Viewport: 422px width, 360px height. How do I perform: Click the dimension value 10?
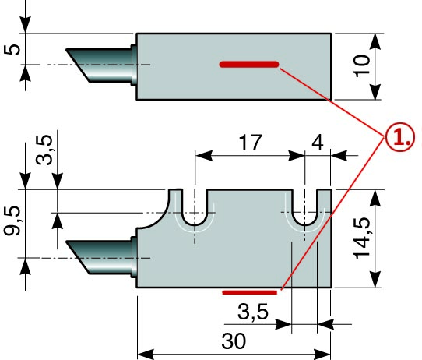[x=363, y=66]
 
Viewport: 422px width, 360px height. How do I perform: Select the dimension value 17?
[x=250, y=142]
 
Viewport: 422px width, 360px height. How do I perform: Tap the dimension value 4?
[x=318, y=142]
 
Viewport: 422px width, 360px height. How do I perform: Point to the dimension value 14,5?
[x=363, y=238]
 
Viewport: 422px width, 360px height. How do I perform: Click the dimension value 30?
[x=234, y=341]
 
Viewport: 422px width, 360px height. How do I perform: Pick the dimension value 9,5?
[x=12, y=221]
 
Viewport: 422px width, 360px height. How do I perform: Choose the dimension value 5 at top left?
[x=12, y=49]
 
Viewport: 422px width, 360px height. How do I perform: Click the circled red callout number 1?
[x=400, y=138]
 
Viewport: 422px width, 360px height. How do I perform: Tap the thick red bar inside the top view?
[x=249, y=65]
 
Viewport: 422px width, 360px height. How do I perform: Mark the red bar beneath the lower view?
[x=250, y=292]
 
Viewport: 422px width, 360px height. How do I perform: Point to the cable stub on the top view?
[x=101, y=65]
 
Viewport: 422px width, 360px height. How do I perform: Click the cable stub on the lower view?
[x=101, y=258]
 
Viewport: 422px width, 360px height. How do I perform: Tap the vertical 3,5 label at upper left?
[x=44, y=150]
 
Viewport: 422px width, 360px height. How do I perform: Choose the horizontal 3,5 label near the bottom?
[x=253, y=312]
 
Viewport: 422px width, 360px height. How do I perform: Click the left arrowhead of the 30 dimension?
[x=146, y=354]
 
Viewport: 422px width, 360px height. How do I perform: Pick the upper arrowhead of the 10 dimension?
[x=375, y=41]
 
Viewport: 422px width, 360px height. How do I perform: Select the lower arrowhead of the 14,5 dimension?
[x=375, y=279]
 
